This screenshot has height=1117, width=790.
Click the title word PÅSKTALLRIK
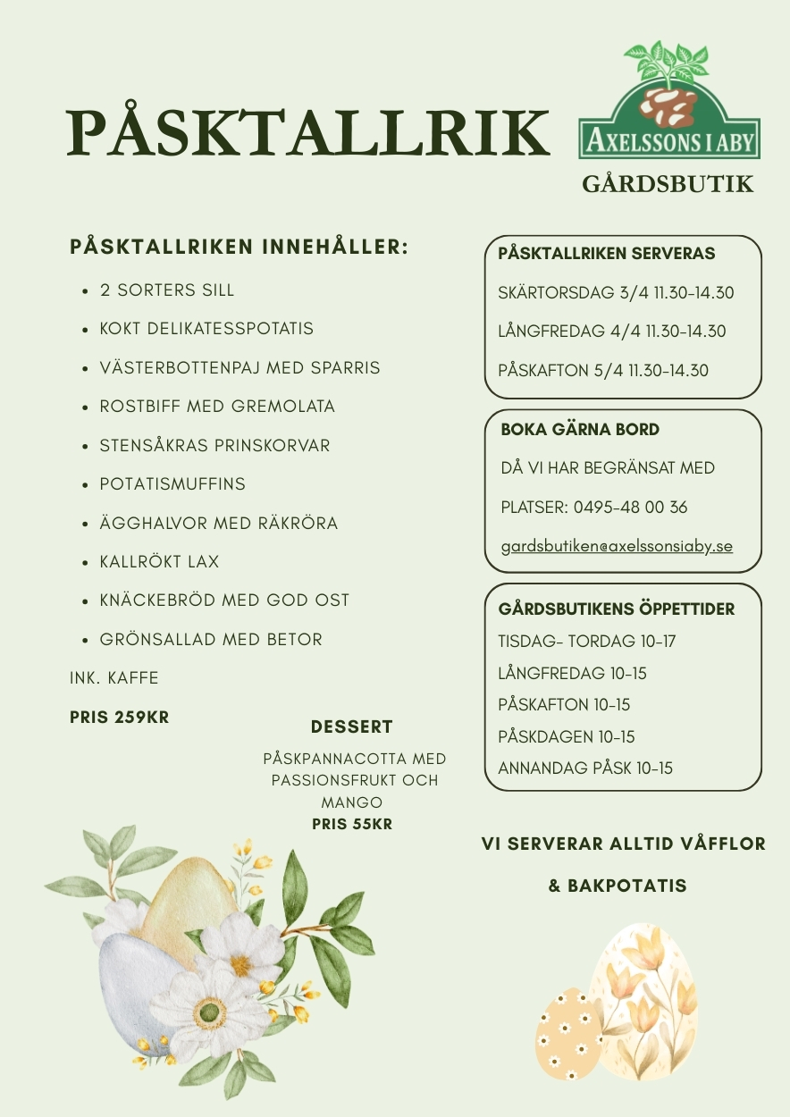click(308, 131)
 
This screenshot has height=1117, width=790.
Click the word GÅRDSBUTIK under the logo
click(668, 184)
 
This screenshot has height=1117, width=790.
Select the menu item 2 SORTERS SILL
click(167, 290)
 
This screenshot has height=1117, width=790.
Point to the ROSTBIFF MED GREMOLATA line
click(217, 407)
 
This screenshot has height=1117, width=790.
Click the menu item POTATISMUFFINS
click(172, 484)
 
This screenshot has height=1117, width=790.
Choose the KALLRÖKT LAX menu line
click(159, 562)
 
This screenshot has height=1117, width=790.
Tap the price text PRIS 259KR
click(119, 717)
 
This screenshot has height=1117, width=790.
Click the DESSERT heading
click(352, 726)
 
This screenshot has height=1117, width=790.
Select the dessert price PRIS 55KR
click(352, 824)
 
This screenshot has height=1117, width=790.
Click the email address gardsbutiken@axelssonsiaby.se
click(617, 545)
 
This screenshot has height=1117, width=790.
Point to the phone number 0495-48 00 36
click(631, 507)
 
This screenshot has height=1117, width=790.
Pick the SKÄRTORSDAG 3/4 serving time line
click(616, 292)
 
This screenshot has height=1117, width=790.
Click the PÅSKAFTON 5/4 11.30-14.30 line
click(602, 370)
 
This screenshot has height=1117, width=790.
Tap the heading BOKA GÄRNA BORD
click(580, 429)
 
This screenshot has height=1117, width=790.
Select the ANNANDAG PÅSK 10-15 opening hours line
click(585, 768)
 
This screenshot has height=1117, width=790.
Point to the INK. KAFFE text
click(114, 678)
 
